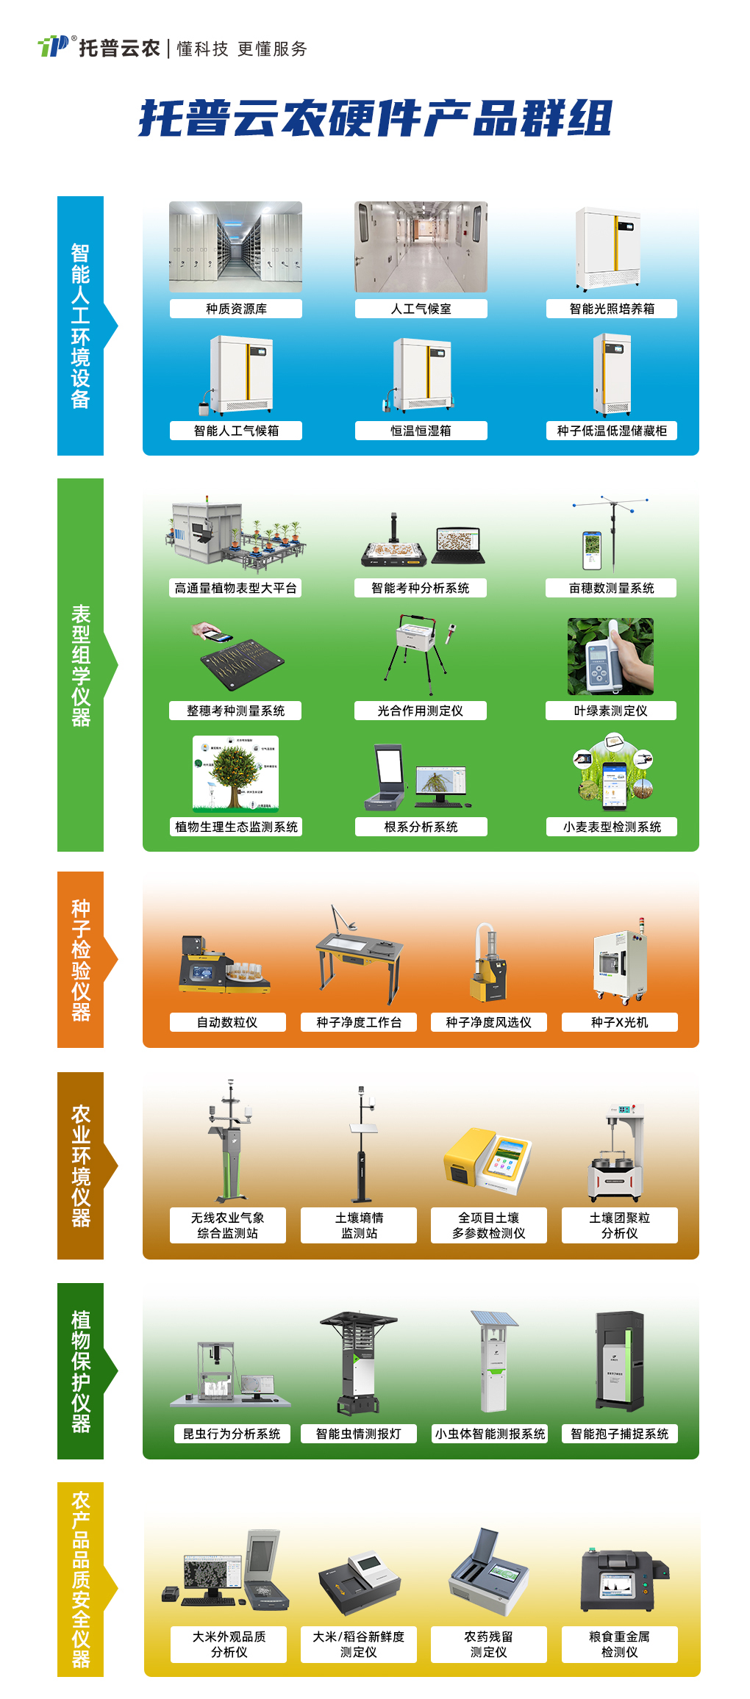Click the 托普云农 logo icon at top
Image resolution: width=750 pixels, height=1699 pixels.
pyautogui.click(x=54, y=46)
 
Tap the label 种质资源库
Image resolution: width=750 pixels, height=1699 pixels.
pyautogui.click(x=236, y=309)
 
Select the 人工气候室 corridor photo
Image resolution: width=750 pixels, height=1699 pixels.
pyautogui.click(x=421, y=247)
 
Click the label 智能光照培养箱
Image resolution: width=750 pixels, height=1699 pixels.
pyautogui.click(x=612, y=309)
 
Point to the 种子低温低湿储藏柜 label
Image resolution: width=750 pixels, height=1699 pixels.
pyautogui.click(x=612, y=431)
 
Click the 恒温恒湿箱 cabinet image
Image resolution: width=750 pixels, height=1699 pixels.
pyautogui.click(x=421, y=375)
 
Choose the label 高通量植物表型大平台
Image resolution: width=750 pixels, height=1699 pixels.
pyautogui.click(x=236, y=588)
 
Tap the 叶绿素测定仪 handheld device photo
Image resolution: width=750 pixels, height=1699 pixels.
pyautogui.click(x=610, y=656)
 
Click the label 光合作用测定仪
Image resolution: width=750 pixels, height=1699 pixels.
pyautogui.click(x=421, y=711)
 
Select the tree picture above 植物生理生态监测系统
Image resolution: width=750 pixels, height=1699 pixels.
pyautogui.click(x=235, y=772)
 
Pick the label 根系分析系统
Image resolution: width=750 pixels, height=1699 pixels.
pyautogui.click(x=421, y=827)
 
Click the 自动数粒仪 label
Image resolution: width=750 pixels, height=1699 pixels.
pyautogui.click(x=227, y=1022)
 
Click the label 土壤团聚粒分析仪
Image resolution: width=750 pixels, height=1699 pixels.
pyautogui.click(x=620, y=1225)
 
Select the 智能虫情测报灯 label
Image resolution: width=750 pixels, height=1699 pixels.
pyautogui.click(x=359, y=1434)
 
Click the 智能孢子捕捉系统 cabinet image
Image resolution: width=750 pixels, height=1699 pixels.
pyautogui.click(x=619, y=1361)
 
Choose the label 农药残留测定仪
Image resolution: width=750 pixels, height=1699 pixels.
pyautogui.click(x=489, y=1644)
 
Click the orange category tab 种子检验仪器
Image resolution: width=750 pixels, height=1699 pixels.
pyautogui.click(x=81, y=960)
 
